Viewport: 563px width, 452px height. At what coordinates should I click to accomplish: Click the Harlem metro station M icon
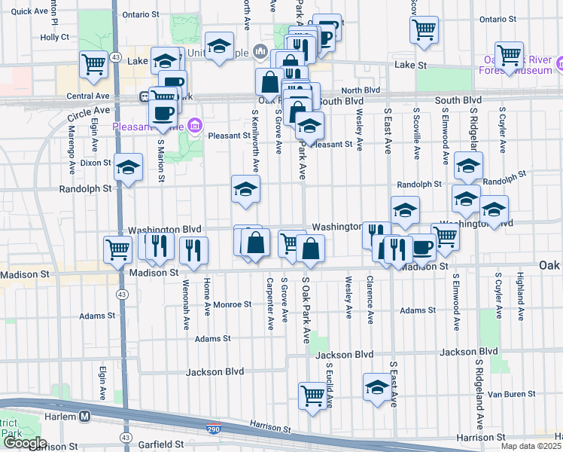85,416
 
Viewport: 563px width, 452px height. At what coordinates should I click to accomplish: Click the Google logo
24,444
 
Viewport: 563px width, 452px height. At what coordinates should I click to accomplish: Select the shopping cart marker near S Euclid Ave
312,394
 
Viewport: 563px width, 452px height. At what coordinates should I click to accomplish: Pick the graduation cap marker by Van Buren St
377,386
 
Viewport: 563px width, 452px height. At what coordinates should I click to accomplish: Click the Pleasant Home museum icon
195,124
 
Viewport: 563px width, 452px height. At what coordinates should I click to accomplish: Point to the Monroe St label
232,304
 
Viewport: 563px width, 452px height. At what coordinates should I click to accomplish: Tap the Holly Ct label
55,36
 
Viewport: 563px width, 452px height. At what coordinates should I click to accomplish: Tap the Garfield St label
159,444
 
